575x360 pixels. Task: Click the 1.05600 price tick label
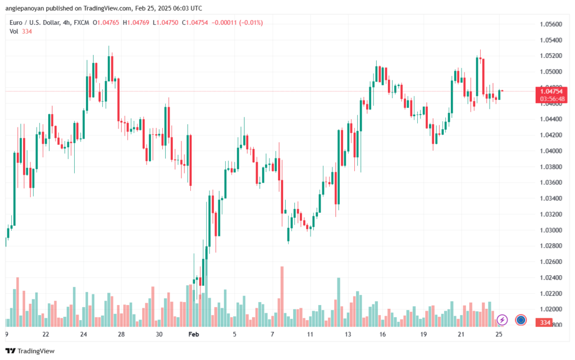click(x=550, y=24)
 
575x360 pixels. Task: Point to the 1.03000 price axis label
click(x=550, y=230)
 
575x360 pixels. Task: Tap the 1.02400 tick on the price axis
click(x=550, y=277)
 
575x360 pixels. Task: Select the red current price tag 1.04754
click(x=552, y=91)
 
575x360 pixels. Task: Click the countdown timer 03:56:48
click(x=552, y=98)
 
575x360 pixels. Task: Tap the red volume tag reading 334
click(x=544, y=322)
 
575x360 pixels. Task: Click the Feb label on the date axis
click(x=194, y=334)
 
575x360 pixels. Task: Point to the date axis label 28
click(x=121, y=334)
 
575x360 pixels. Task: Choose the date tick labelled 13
click(x=348, y=334)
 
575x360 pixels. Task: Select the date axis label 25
click(x=498, y=334)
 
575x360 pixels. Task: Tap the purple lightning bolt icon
click(x=503, y=320)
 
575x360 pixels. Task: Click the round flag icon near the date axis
click(x=521, y=320)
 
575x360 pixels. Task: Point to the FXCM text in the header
click(x=82, y=22)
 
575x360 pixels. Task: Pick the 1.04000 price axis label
click(x=550, y=151)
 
